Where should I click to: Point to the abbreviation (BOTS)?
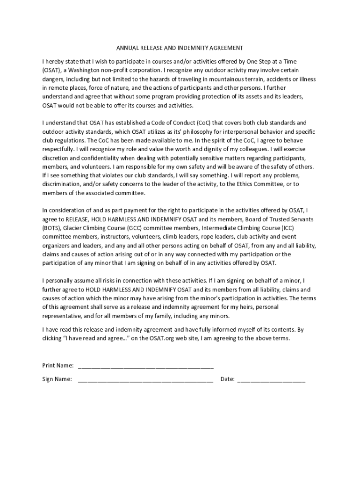pyautogui.click(x=51, y=228)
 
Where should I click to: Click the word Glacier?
pyautogui.click(x=73, y=228)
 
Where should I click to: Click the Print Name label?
pyautogui.click(x=58, y=365)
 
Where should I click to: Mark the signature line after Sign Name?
pyautogui.click(x=146, y=380)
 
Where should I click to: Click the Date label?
pyautogui.click(x=227, y=379)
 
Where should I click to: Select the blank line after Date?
pyautogui.click(x=271, y=380)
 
